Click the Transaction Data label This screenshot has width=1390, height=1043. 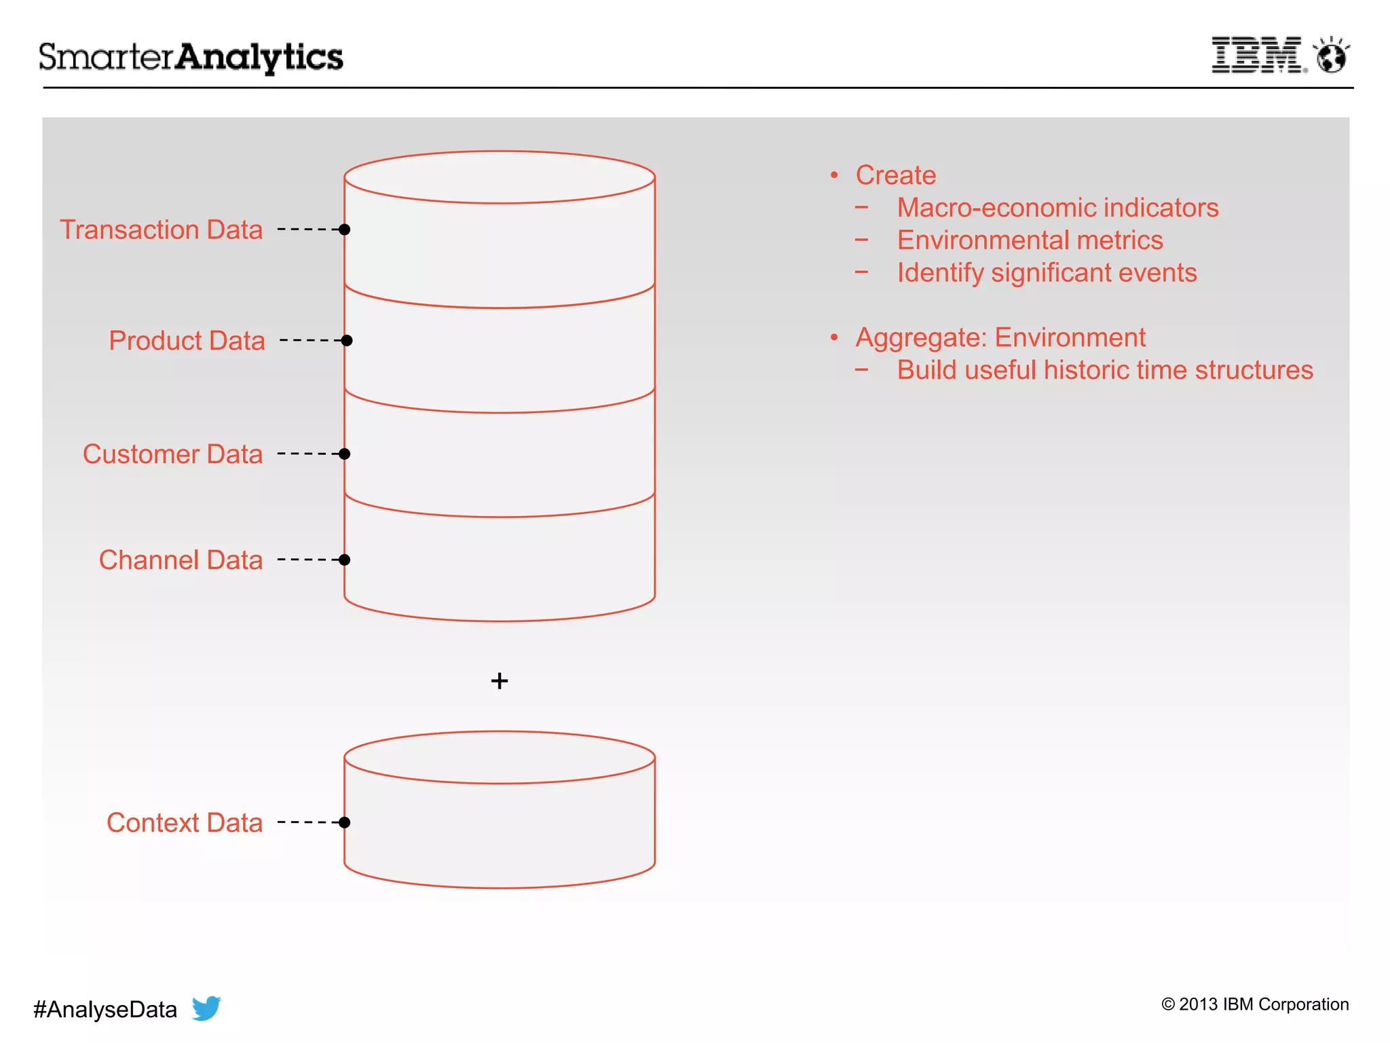click(x=161, y=230)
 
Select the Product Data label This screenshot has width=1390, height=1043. click(x=187, y=341)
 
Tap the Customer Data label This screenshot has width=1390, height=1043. click(x=172, y=454)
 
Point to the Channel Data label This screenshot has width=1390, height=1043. click(x=181, y=560)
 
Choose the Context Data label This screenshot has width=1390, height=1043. click(x=184, y=823)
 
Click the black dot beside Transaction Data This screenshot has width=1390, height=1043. click(x=344, y=230)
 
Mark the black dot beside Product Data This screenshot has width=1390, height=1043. click(x=346, y=340)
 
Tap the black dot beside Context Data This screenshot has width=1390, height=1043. click(x=344, y=822)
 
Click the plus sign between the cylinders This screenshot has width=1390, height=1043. click(x=500, y=680)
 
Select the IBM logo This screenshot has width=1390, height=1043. click(x=1258, y=55)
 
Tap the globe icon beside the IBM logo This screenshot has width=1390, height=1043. click(x=1331, y=56)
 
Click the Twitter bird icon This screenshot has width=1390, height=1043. click(x=206, y=1008)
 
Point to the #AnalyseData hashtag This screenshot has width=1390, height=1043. click(x=105, y=1010)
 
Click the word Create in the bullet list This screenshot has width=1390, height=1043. click(x=895, y=175)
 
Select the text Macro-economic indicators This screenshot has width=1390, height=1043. click(x=1057, y=208)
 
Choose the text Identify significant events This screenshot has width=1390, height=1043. click(x=1047, y=273)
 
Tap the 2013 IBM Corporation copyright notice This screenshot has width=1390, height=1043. click(x=1255, y=1004)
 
